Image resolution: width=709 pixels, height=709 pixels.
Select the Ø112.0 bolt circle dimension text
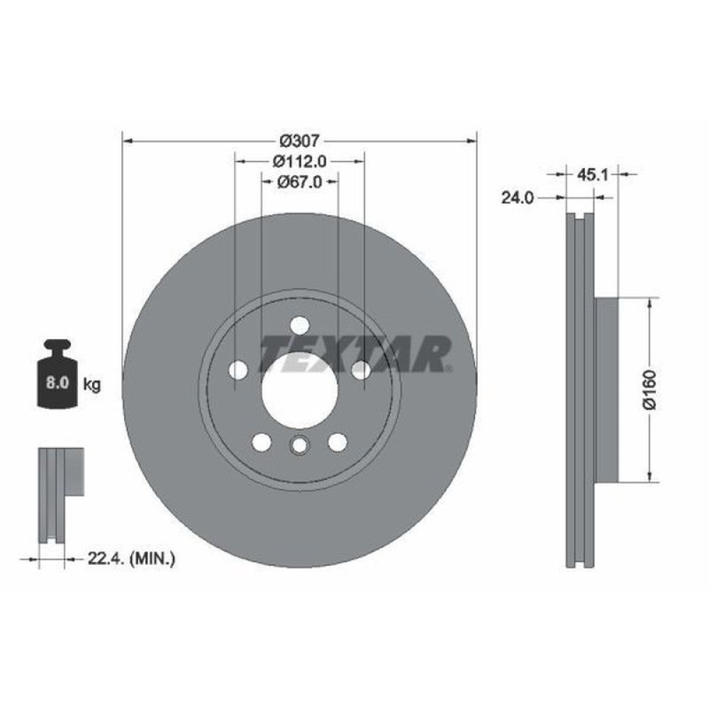tap(299, 161)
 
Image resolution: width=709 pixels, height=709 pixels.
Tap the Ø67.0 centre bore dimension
tap(299, 182)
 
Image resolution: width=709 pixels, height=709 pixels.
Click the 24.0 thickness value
tap(517, 199)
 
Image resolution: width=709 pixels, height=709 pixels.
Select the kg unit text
tap(91, 385)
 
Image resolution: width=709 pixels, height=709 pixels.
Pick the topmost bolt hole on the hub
tap(300, 325)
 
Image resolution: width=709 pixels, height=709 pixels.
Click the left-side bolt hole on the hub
tap(239, 369)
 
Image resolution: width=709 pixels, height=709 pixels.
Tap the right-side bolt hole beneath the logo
tap(361, 369)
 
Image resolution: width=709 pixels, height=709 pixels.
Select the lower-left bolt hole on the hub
tap(262, 442)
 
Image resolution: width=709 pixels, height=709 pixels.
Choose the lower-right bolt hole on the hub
tap(337, 442)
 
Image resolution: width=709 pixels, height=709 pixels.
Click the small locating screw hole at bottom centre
tap(299, 446)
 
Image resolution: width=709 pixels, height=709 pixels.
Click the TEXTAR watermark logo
tap(354, 354)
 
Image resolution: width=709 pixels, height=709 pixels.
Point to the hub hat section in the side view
tap(606, 389)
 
